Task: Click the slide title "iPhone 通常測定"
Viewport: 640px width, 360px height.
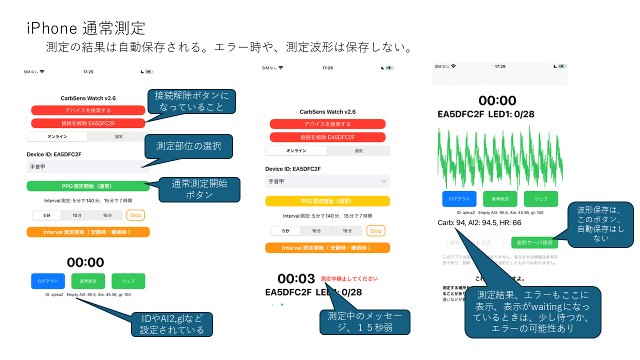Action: [x=86, y=27]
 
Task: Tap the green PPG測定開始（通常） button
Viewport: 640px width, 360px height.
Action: [x=88, y=186]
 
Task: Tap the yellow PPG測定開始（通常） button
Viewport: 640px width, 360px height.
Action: [x=327, y=201]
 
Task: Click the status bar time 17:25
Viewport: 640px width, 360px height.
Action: [x=88, y=72]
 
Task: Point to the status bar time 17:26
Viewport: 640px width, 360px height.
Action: [x=327, y=67]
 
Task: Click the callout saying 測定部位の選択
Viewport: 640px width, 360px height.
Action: [x=188, y=146]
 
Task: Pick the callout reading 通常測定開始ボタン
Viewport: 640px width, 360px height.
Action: [x=199, y=189]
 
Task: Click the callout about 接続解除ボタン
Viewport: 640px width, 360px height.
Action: [x=191, y=102]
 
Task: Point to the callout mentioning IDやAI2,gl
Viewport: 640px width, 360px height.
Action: [x=172, y=324]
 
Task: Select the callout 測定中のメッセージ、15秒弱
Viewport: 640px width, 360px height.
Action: [x=364, y=322]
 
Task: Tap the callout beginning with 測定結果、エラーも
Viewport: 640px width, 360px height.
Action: [x=532, y=312]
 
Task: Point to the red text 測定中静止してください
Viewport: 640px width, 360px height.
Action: [x=349, y=279]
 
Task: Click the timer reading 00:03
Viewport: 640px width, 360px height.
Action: [x=296, y=279]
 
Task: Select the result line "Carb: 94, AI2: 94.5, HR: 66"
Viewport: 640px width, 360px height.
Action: [x=479, y=222]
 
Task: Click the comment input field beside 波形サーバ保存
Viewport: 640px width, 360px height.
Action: [x=475, y=242]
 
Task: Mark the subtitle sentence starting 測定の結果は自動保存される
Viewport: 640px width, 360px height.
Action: [x=229, y=47]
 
